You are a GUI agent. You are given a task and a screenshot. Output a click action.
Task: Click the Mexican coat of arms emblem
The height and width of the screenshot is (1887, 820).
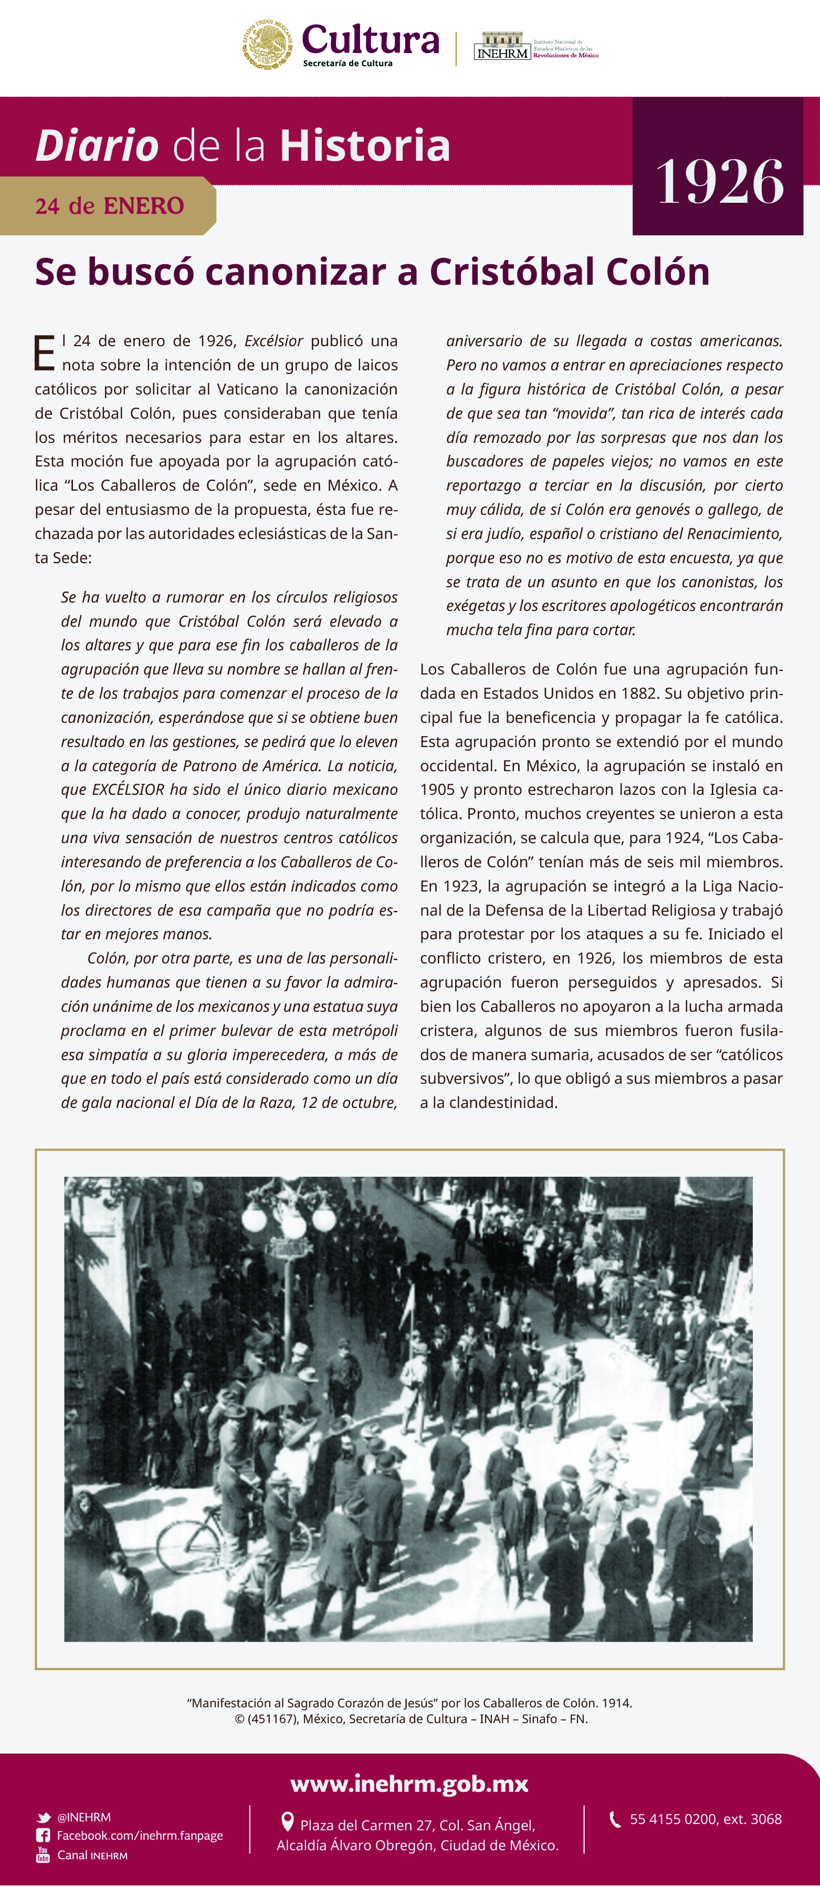pyautogui.click(x=267, y=45)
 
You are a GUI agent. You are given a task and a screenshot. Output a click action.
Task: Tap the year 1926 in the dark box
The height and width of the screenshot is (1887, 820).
pyautogui.click(x=719, y=182)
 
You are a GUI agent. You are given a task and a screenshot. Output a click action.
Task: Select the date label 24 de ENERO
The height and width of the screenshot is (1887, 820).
pyautogui.click(x=109, y=206)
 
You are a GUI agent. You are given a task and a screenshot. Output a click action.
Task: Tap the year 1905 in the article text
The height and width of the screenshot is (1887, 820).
pyautogui.click(x=437, y=789)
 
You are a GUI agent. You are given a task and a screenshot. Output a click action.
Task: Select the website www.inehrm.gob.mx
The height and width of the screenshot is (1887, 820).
pyautogui.click(x=409, y=1783)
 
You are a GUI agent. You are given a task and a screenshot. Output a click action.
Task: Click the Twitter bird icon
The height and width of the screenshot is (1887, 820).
pyautogui.click(x=44, y=1818)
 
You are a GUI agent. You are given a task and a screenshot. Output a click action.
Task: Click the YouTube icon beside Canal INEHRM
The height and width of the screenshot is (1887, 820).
pyautogui.click(x=43, y=1855)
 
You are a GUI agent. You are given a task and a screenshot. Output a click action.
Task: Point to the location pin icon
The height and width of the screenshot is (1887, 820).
pyautogui.click(x=288, y=1822)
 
